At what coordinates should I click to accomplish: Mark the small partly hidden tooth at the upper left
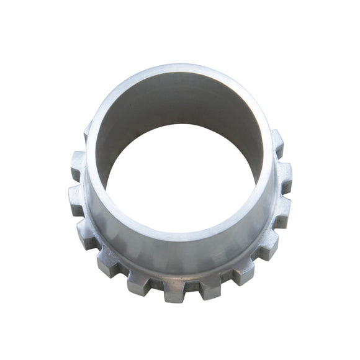[x=87, y=132]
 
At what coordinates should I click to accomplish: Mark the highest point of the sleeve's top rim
[x=180, y=67]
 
